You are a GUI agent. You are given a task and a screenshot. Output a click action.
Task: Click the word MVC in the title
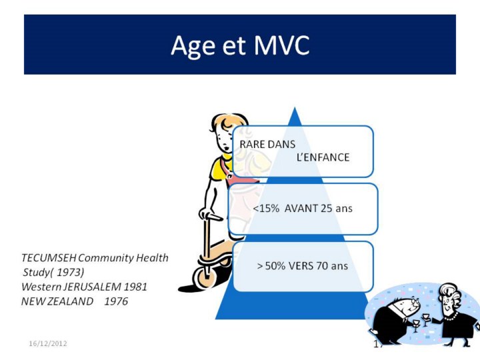(x=281, y=45)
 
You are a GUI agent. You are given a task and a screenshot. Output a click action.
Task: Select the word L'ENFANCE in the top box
(x=323, y=157)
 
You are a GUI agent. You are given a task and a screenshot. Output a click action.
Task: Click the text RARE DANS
(x=267, y=145)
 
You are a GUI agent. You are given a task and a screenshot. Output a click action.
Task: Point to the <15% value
(x=266, y=209)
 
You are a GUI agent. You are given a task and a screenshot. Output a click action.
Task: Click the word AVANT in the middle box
(x=301, y=209)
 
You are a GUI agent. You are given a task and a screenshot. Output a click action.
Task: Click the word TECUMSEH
(x=49, y=258)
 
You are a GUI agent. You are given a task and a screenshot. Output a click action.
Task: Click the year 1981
(x=135, y=287)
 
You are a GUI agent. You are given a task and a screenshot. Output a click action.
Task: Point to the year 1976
(x=116, y=301)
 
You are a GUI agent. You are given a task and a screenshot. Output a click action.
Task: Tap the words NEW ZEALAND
(x=57, y=301)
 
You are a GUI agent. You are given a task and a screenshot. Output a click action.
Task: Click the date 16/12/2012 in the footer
(x=48, y=343)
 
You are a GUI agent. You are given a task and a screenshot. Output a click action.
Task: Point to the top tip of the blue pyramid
(x=295, y=107)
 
